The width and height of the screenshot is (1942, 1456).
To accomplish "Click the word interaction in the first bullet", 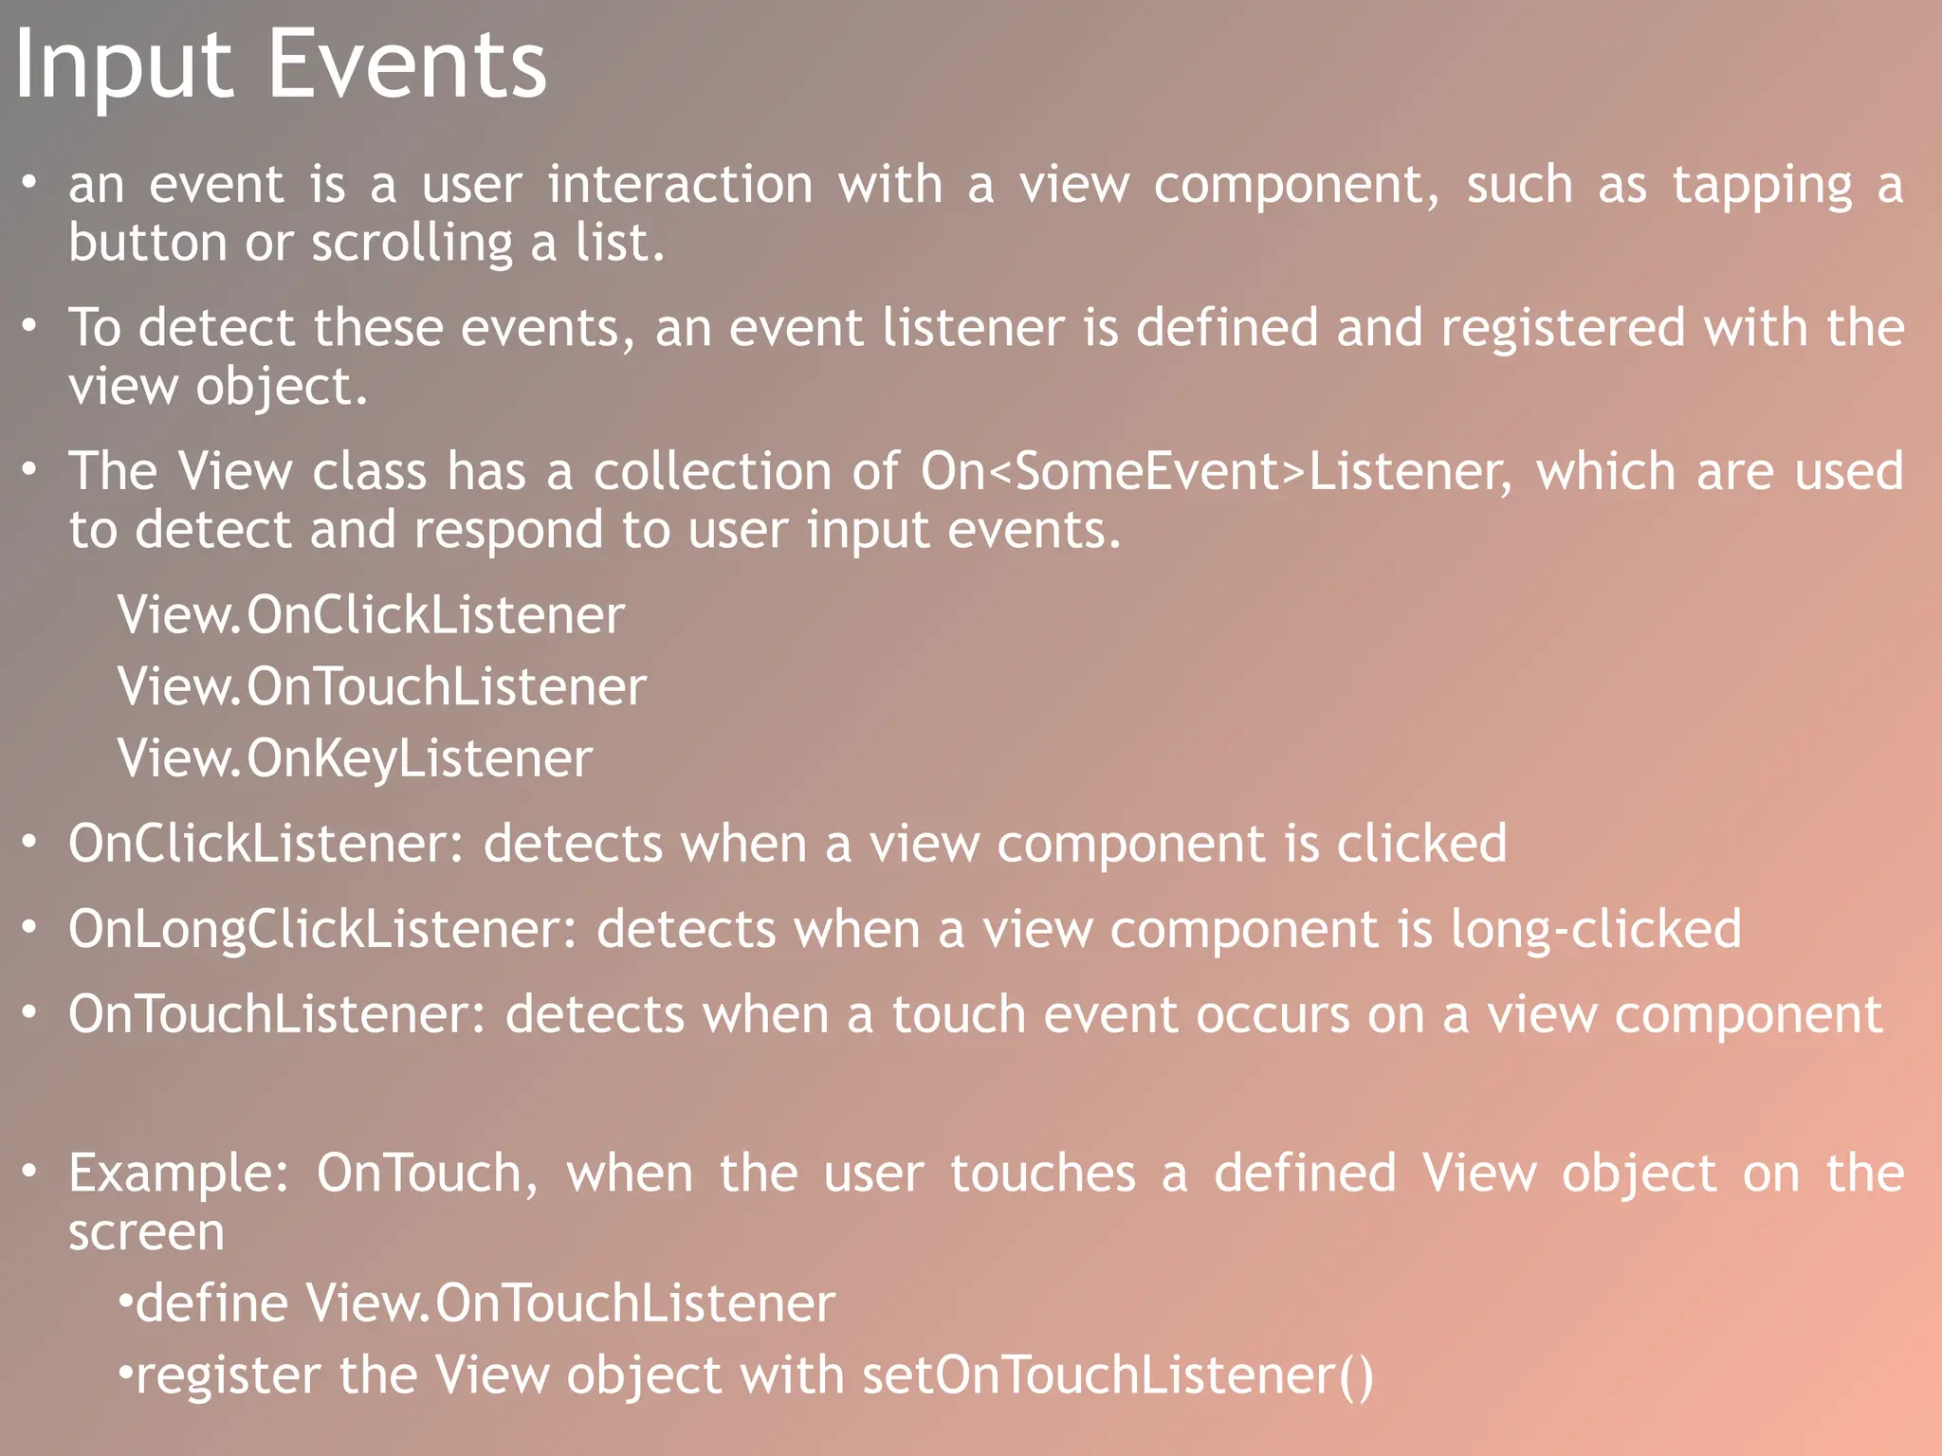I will tap(680, 185).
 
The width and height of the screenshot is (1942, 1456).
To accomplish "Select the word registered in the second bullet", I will tap(1563, 328).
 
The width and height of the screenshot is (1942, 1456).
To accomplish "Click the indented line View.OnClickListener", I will tap(371, 615).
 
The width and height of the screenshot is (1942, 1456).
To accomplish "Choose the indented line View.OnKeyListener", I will tap(355, 759).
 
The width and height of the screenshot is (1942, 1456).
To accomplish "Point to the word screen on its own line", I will tap(146, 1233).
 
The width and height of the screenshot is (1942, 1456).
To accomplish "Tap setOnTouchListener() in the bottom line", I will tap(1117, 1376).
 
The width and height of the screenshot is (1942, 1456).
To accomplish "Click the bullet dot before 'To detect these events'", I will tap(30, 326).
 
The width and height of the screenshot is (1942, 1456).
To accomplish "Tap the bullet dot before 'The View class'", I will tap(30, 469).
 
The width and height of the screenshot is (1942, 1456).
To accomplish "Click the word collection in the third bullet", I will tap(712, 472).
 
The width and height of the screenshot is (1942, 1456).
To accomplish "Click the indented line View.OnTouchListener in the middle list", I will tap(381, 687).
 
